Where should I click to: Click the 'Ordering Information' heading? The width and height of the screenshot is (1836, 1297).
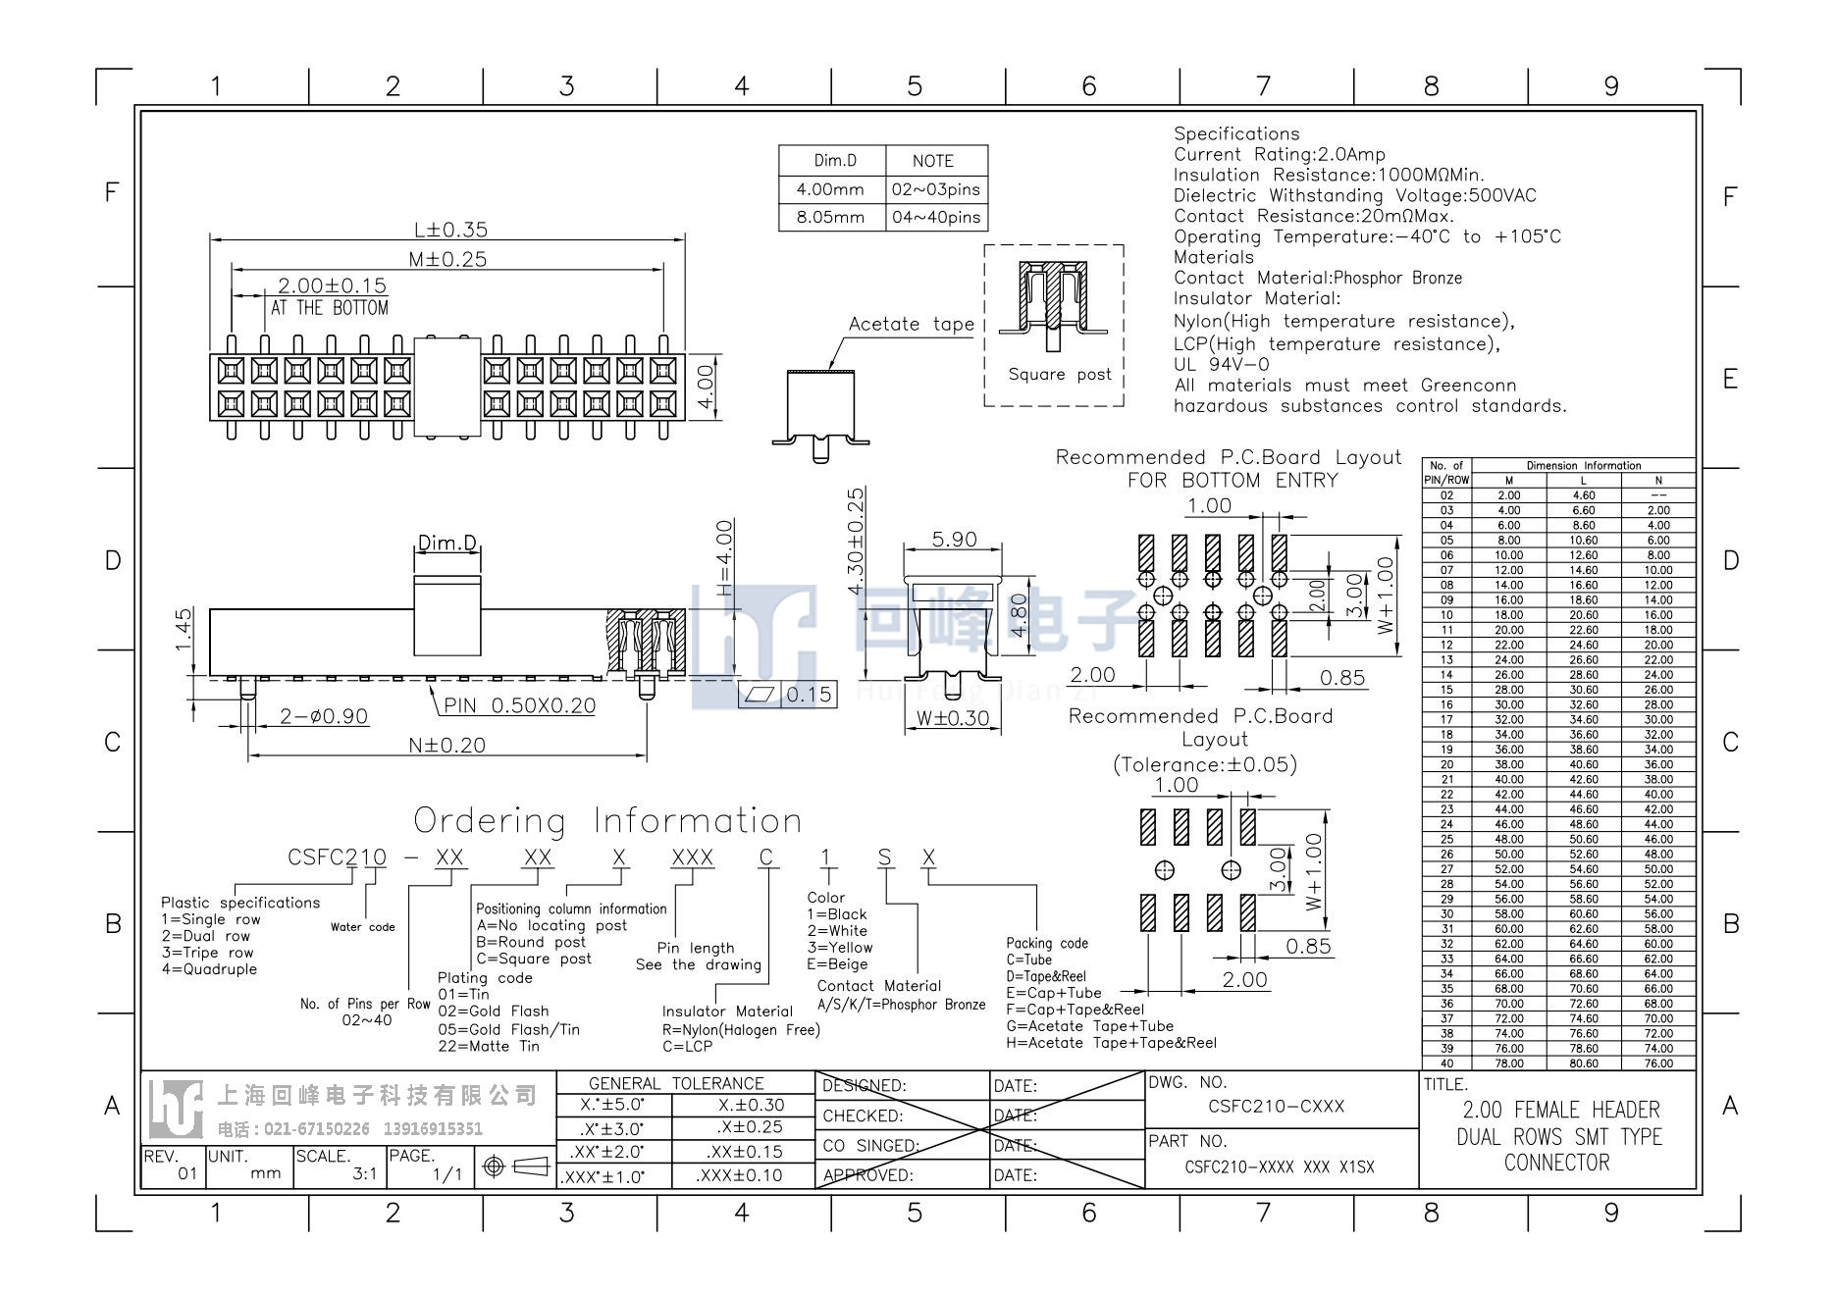[607, 820]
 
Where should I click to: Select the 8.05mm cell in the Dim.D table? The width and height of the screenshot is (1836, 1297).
[830, 217]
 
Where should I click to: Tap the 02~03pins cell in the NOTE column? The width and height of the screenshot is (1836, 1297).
[935, 189]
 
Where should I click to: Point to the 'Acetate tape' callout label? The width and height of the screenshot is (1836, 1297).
[912, 324]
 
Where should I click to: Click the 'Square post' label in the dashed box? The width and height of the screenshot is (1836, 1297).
[1060, 374]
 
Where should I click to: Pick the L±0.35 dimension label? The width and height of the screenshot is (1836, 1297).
[450, 230]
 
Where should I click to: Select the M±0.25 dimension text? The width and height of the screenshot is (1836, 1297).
[447, 259]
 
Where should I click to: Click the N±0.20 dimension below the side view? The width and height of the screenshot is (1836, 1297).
[446, 745]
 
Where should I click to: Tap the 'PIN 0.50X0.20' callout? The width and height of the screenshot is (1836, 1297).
[519, 705]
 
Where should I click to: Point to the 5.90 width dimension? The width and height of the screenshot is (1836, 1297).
[954, 540]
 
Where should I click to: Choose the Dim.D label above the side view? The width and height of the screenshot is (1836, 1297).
[447, 543]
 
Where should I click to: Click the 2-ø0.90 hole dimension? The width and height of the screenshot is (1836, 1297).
[324, 716]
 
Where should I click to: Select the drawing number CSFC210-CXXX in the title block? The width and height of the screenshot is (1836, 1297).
[1276, 1106]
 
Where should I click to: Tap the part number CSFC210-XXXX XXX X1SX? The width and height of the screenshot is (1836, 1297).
[1280, 1167]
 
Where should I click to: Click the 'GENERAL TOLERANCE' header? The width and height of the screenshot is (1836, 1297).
[676, 1083]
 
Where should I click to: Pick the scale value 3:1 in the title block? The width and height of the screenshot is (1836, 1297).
[365, 1173]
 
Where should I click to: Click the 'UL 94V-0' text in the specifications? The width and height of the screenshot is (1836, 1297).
[1222, 364]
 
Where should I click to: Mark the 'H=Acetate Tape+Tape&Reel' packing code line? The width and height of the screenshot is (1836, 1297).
[1111, 1043]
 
